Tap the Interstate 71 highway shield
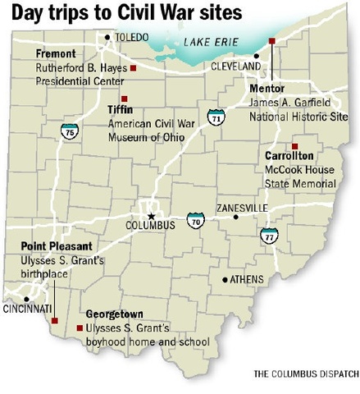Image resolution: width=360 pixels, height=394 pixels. click(x=215, y=117)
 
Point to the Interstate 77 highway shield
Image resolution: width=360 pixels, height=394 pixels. click(x=268, y=235)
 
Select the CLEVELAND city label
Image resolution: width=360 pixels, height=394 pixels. click(x=235, y=65)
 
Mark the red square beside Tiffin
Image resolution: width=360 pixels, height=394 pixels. click(x=124, y=98)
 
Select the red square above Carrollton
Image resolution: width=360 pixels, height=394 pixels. click(x=294, y=145)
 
